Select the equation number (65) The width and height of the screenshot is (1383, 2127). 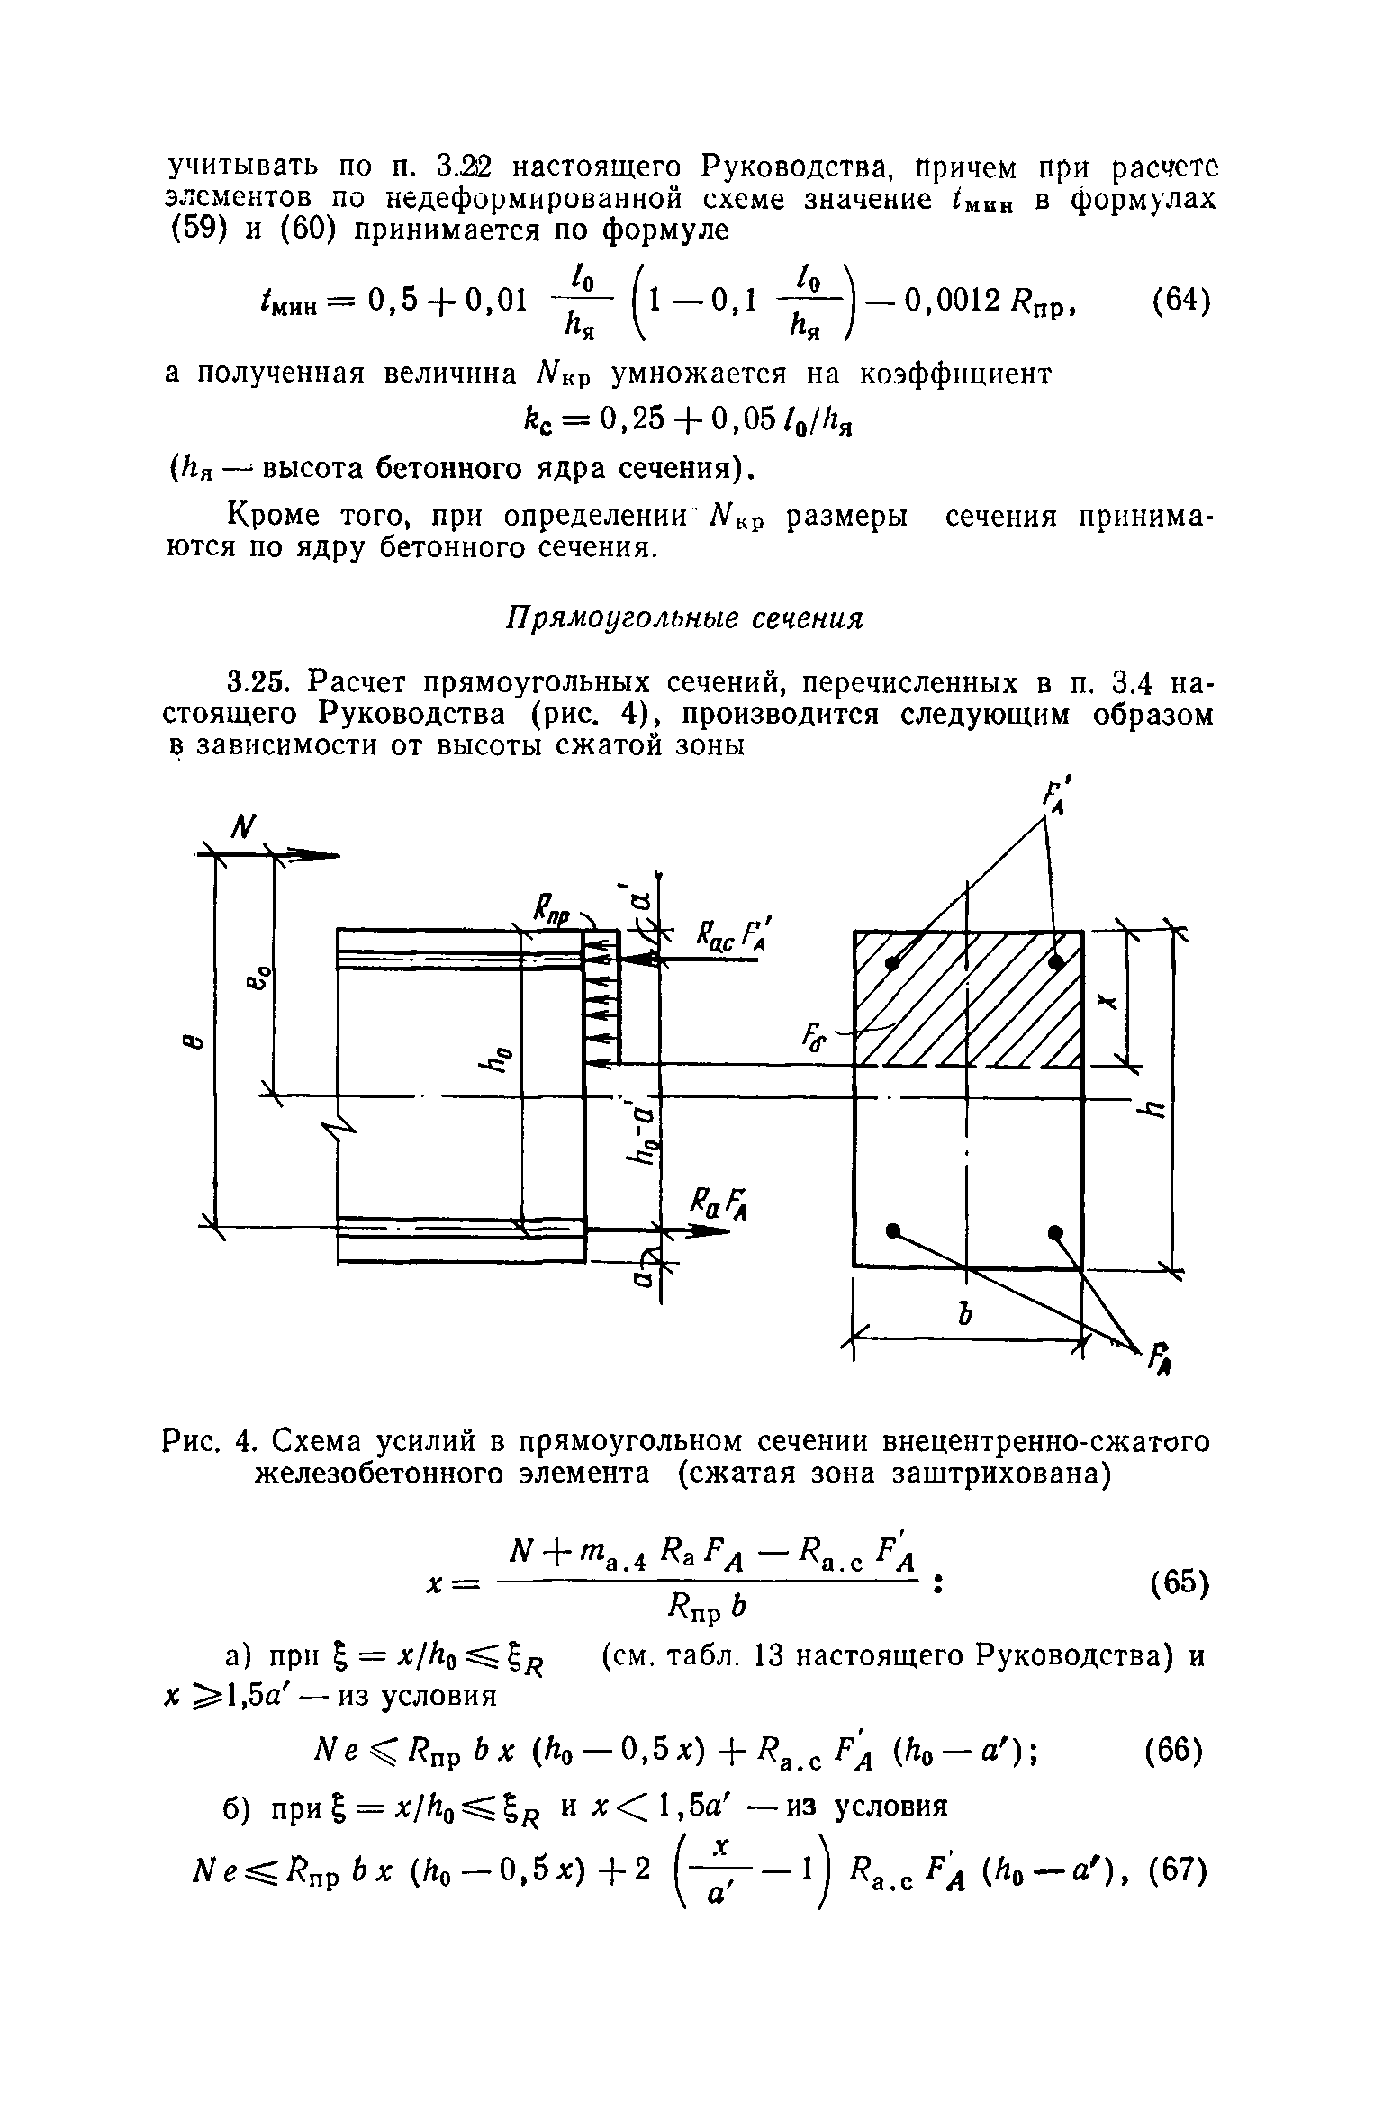(x=1180, y=1582)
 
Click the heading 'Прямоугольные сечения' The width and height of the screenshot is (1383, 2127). (x=684, y=619)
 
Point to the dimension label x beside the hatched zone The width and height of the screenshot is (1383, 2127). (x=1108, y=1001)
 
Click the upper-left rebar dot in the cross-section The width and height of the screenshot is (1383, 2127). (x=892, y=963)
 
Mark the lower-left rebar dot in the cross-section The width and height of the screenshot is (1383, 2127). (x=892, y=1230)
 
